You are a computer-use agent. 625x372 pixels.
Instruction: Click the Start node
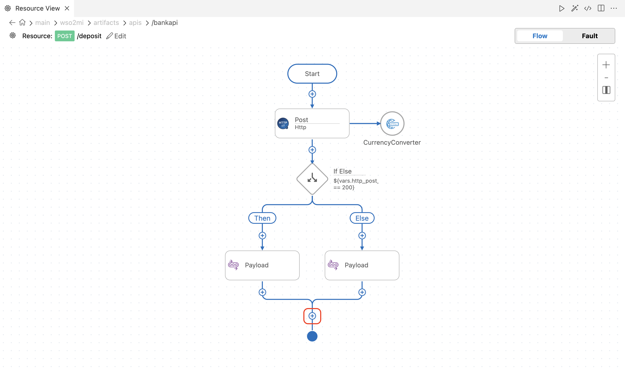tap(312, 74)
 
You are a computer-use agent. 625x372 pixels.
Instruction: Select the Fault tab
tap(590, 36)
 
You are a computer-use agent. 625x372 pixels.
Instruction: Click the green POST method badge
tap(64, 36)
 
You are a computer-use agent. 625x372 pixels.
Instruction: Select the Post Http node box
tap(312, 123)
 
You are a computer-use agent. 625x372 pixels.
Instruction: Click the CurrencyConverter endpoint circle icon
tap(392, 124)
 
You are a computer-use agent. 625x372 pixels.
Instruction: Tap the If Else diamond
tap(312, 179)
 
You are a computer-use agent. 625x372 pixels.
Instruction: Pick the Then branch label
tap(262, 218)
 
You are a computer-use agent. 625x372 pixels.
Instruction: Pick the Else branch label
tap(362, 218)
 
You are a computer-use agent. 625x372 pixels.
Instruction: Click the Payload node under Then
tap(262, 265)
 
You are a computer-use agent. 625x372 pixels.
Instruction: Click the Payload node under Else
tap(362, 265)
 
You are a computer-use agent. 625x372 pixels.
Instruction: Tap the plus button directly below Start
tap(312, 94)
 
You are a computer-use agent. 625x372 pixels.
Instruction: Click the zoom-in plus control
tap(606, 65)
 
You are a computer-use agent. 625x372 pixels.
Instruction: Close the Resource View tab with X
tap(67, 8)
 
